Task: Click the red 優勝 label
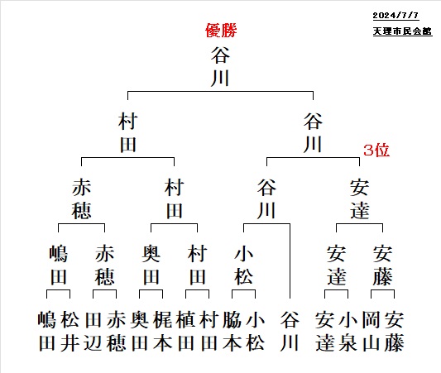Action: point(221,31)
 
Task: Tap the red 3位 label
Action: point(376,150)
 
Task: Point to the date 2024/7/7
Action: point(395,15)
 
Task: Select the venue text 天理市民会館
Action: point(402,31)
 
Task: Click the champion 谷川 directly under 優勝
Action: point(220,67)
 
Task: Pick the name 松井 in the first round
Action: point(70,331)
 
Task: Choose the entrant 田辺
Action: point(93,331)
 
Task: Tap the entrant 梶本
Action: point(163,331)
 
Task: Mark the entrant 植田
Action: point(186,331)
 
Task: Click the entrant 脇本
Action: point(232,331)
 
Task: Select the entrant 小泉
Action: point(348,331)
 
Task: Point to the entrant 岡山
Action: point(371,331)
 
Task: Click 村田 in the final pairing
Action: point(128,132)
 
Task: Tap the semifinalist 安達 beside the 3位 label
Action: point(359,199)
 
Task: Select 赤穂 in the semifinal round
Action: point(82,199)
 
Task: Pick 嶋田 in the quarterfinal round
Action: point(59,265)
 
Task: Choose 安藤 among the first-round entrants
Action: point(395,331)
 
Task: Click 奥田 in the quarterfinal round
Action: point(151,265)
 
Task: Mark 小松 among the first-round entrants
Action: point(255,331)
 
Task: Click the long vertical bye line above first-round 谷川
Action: point(290,261)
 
